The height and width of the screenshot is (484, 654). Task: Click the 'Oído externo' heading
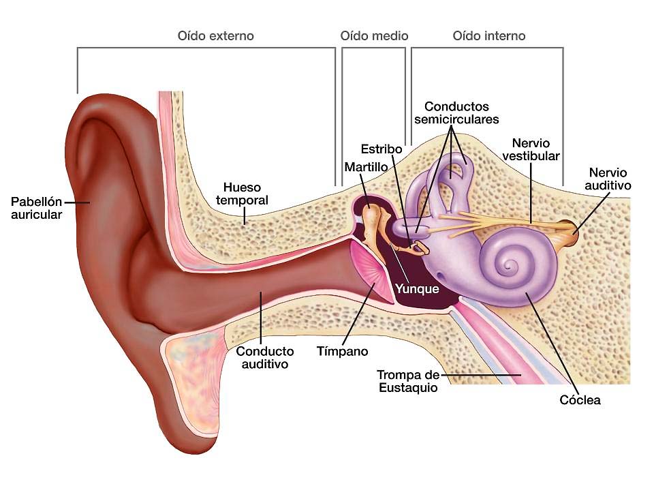coord(216,36)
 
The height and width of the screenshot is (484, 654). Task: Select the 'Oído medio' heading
coord(374,36)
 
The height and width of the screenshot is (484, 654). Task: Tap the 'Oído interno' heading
coord(489,36)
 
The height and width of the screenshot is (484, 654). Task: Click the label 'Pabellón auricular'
coord(36,208)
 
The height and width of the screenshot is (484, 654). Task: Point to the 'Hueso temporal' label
coord(242,194)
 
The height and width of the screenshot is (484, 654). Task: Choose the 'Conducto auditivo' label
coord(265,358)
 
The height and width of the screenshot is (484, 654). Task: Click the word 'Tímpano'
coord(342,351)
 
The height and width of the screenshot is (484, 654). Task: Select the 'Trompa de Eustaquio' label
coord(408,381)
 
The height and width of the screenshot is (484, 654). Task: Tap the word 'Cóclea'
coord(580,400)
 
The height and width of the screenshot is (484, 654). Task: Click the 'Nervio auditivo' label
coord(608,179)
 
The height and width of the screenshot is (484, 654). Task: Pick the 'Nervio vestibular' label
coord(531,149)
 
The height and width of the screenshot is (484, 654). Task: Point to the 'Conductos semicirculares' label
coord(456,113)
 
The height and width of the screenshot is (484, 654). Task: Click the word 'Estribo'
coord(381,149)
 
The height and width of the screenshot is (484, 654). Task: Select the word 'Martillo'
coord(366,167)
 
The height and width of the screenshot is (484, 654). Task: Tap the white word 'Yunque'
coord(417,289)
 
